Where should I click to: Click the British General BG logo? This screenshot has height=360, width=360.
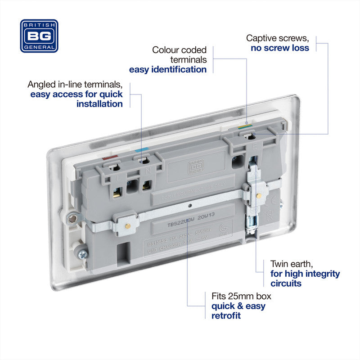[x=39, y=36]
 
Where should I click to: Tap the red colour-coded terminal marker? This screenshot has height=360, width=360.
[x=110, y=158]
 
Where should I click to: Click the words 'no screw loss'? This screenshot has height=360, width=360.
[x=280, y=48]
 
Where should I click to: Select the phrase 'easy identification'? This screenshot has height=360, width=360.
[x=168, y=69]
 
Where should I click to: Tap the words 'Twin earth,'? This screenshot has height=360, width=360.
[x=292, y=264]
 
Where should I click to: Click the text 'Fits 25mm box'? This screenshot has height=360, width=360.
[x=241, y=297]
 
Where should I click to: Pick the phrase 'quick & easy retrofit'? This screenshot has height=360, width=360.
[x=238, y=311]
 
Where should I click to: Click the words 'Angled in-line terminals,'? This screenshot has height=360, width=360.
[x=75, y=85]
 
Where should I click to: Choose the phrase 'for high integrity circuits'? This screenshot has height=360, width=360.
[x=305, y=279]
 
